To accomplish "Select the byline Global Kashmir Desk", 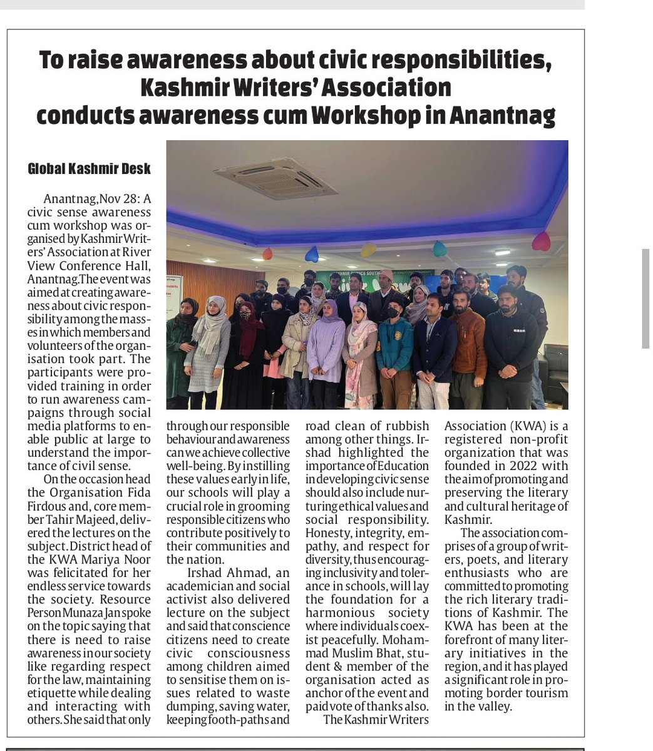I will (90, 169).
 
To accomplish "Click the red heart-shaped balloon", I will (540, 241).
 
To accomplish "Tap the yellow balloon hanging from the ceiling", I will (368, 249).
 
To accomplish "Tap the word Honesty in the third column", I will (326, 533).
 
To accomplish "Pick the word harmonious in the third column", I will (337, 613).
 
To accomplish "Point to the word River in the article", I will (135, 252).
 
